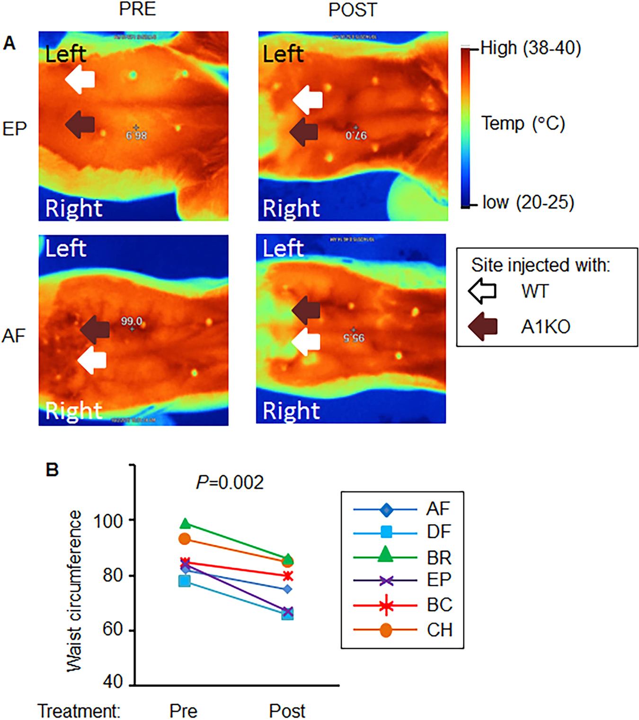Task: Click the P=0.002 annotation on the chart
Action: pos(230,483)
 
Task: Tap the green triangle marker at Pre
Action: pos(185,524)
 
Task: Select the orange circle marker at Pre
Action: pos(184,539)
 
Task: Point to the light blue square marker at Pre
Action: pos(184,581)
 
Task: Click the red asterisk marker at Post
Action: pos(287,576)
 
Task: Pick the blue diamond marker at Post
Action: pos(287,589)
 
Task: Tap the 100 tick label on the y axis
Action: pos(108,521)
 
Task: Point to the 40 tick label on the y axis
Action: pos(113,682)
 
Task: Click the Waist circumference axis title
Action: pos(74,591)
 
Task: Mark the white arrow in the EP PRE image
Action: pos(80,79)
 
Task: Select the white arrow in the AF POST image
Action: pos(306,342)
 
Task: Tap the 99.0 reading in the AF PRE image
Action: pos(131,322)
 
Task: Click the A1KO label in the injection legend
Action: pos(545,327)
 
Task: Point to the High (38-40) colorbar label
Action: pos(531,48)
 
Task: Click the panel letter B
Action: pos(52,470)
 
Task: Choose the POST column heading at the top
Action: pos(353,10)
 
